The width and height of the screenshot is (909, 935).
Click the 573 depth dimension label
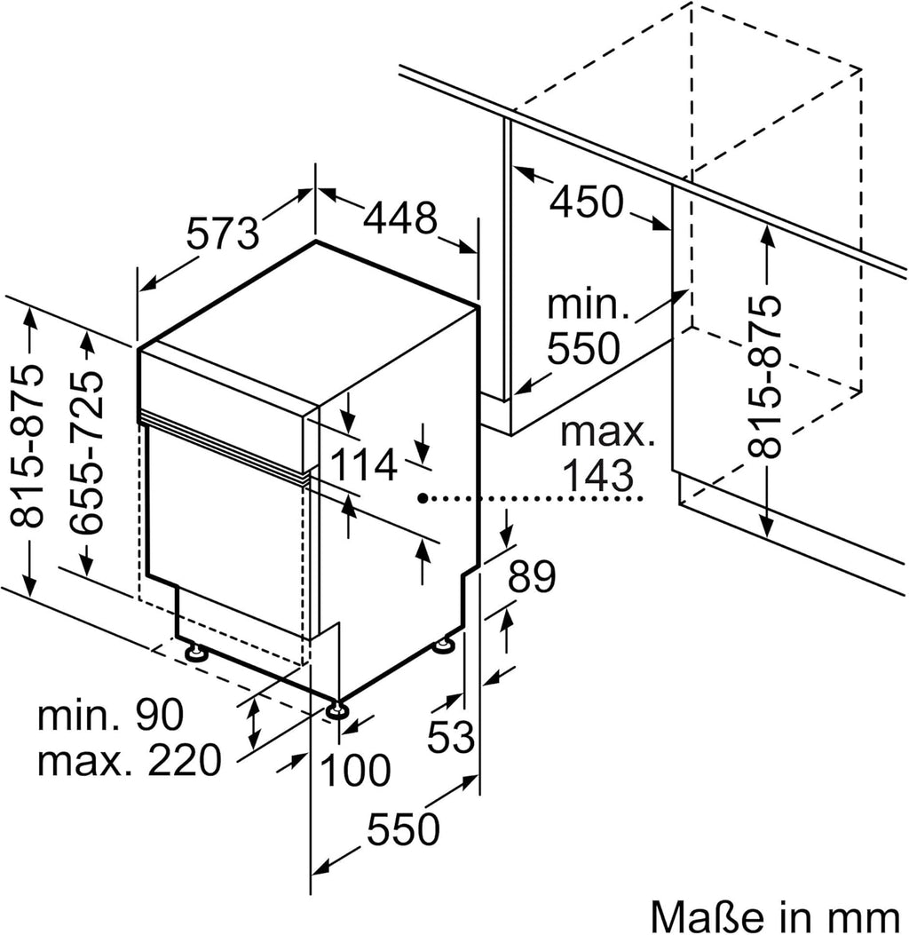click(x=223, y=234)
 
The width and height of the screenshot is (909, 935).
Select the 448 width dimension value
click(x=399, y=218)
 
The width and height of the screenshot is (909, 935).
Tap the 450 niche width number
click(x=586, y=203)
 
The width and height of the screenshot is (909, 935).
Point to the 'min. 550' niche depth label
click(x=587, y=329)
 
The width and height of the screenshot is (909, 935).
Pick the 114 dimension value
click(x=363, y=464)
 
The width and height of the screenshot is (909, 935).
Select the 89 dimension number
click(x=531, y=578)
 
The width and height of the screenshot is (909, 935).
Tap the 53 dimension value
click(x=452, y=738)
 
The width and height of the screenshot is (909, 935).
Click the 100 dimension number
click(x=354, y=771)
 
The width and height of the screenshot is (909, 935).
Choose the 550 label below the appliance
click(x=403, y=829)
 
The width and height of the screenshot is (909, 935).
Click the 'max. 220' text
click(x=129, y=760)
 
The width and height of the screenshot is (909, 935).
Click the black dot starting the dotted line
click(x=426, y=499)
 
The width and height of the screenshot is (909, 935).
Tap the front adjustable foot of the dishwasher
click(x=336, y=710)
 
